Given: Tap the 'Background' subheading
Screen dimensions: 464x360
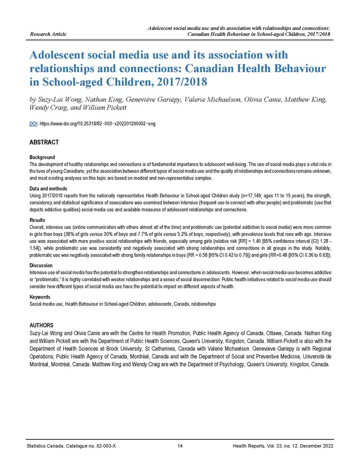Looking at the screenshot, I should (x=42, y=157).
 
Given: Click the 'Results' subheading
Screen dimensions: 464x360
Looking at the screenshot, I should (x=37, y=220).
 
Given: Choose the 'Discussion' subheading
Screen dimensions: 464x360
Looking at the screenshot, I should (x=40, y=265).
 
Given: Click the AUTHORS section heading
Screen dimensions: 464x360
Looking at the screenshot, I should (x=42, y=326).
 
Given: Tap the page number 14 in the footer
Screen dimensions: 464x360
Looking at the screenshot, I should (x=180, y=447).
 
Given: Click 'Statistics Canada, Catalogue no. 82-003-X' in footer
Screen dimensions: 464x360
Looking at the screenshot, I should (x=71, y=447).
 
